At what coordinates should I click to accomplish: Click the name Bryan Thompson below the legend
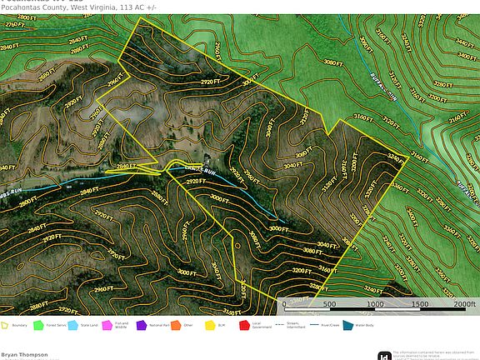[24, 353]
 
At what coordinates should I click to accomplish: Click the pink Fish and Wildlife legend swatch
[107, 325]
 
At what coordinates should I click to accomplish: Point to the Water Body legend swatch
[347, 325]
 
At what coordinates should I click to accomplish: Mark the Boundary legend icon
[6, 325]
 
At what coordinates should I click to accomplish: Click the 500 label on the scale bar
[329, 305]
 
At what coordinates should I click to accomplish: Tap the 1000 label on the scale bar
[374, 305]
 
